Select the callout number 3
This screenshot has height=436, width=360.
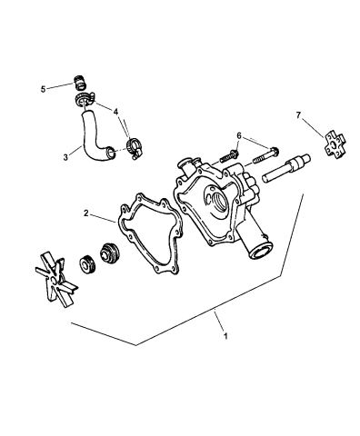click(x=65, y=156)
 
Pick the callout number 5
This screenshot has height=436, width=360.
click(x=42, y=89)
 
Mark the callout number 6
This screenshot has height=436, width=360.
click(x=238, y=135)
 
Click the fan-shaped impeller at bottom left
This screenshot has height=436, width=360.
click(x=53, y=275)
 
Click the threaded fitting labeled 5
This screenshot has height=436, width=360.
click(x=79, y=81)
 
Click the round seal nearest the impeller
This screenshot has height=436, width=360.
click(x=89, y=266)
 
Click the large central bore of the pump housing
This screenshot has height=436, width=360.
click(x=219, y=199)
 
